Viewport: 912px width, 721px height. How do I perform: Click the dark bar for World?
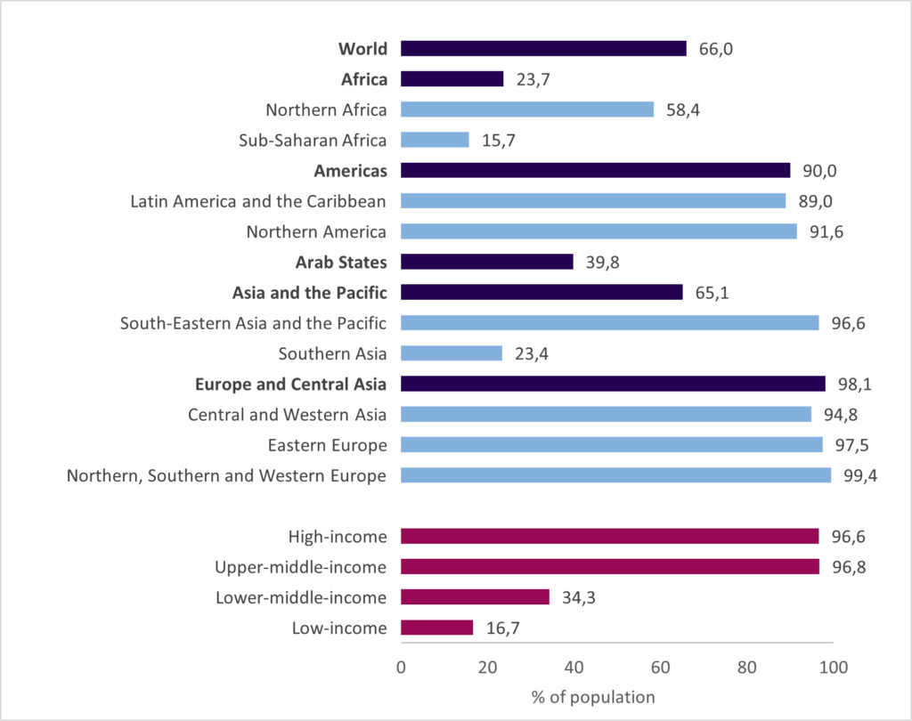coord(543,49)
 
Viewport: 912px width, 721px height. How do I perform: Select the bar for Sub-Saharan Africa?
coord(435,140)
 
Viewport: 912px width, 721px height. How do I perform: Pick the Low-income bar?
coord(436,628)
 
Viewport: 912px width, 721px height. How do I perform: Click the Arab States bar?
coord(486,262)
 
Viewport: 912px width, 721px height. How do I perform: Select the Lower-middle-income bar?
coord(475,597)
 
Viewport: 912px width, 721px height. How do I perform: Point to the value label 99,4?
coord(860,475)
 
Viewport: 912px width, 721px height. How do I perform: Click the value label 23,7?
coord(533,79)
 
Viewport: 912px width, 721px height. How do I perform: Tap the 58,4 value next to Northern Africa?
coord(683,109)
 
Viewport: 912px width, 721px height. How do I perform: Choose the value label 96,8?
coord(848,567)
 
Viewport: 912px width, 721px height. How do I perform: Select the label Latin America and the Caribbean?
coord(258,201)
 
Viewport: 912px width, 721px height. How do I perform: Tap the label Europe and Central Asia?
coord(290,385)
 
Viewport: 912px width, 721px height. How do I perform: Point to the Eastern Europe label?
coord(327,445)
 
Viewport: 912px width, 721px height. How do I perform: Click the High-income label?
coord(338,537)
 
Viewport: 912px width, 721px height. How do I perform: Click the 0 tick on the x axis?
coord(401,667)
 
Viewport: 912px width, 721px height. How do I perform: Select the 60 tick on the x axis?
coord(660,667)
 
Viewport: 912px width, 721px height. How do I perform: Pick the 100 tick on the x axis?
coord(833,667)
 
